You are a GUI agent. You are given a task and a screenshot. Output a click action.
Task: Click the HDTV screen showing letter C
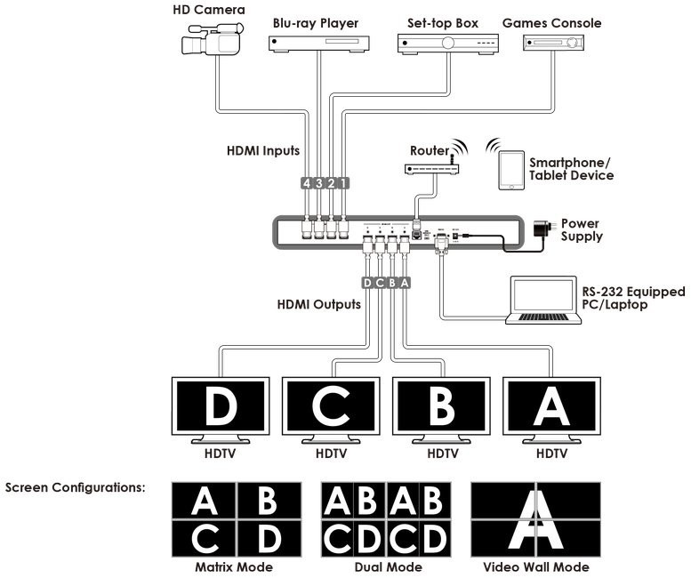[x=333, y=407]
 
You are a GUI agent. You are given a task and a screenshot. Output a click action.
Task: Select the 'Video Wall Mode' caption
[x=535, y=566]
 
